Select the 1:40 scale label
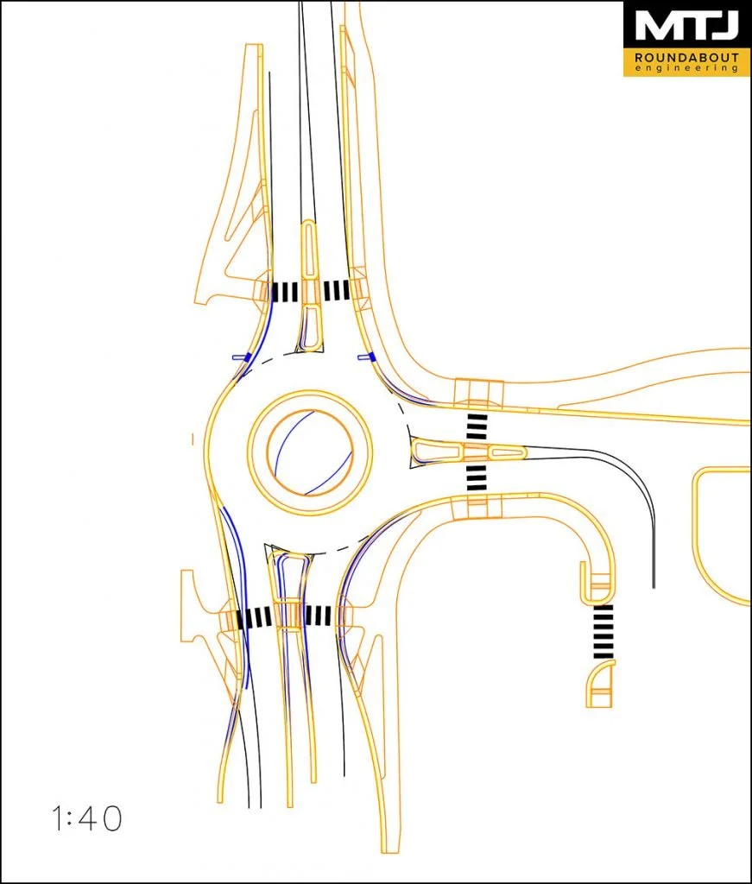click(x=86, y=818)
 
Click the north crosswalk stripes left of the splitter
click(x=285, y=292)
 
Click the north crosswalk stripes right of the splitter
click(x=336, y=290)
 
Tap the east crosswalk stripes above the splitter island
click(x=477, y=427)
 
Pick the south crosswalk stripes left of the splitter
click(x=255, y=617)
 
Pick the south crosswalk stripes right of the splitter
click(x=319, y=616)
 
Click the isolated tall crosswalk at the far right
click(x=603, y=632)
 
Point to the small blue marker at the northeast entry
click(x=366, y=356)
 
